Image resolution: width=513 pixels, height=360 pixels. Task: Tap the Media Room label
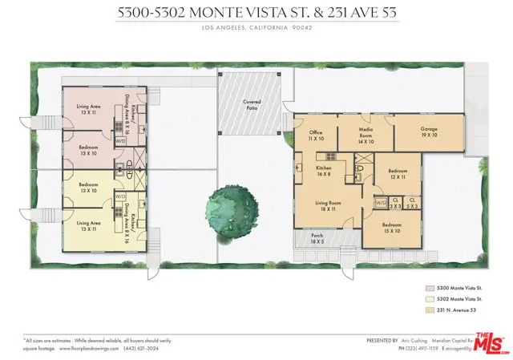pyautogui.click(x=366, y=132)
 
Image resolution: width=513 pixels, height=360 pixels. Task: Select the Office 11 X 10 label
pyautogui.click(x=317, y=135)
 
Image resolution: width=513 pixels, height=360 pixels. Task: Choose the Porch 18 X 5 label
pyautogui.click(x=318, y=237)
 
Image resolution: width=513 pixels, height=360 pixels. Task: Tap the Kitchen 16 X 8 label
pyautogui.click(x=325, y=172)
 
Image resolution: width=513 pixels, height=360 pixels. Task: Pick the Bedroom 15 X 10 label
pyautogui.click(x=392, y=228)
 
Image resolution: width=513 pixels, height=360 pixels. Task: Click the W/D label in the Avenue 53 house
pyautogui.click(x=381, y=202)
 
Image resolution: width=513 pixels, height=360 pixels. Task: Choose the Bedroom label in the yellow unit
pyautogui.click(x=88, y=189)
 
